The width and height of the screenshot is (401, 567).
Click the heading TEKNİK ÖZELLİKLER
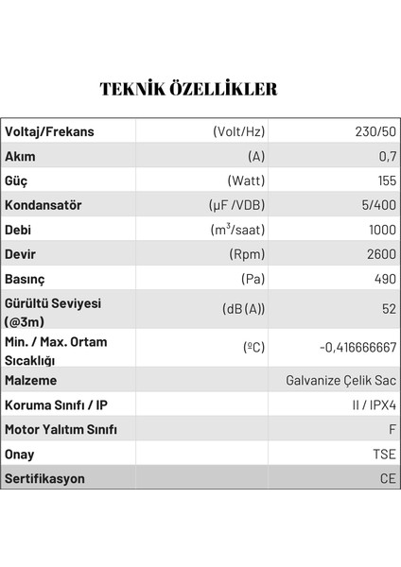[188, 90]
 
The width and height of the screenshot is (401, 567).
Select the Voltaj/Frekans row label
[49, 131]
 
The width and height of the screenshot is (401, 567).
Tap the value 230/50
[375, 131]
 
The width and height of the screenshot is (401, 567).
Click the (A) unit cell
[255, 156]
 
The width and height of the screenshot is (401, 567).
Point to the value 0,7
[386, 156]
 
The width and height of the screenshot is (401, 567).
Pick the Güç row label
[19, 180]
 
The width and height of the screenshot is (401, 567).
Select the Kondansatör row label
[44, 205]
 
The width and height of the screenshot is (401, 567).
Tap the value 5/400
[377, 205]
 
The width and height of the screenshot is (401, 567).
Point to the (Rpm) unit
[247, 254]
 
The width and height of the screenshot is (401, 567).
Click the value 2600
[380, 254]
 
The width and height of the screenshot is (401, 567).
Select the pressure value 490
[383, 279]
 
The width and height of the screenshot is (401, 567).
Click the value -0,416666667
[357, 347]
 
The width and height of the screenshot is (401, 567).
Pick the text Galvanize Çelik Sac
[340, 381]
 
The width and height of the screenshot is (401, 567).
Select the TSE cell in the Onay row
[383, 455]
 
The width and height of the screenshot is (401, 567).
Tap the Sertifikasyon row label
[44, 478]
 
